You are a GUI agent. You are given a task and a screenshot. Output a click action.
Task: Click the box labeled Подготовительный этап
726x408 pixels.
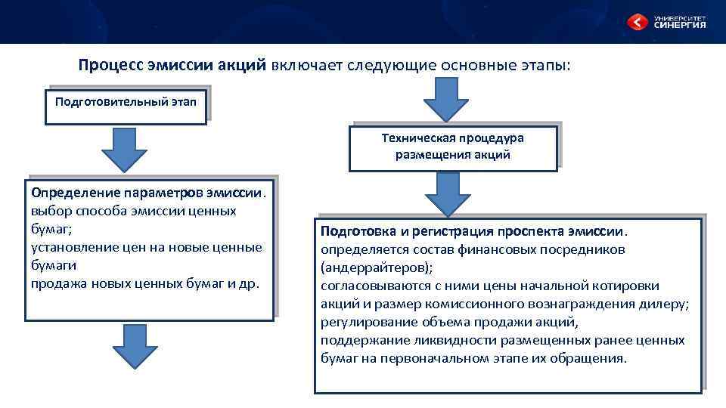point(126,102)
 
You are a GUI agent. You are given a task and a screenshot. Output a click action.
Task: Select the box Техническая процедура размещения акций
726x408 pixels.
point(452,147)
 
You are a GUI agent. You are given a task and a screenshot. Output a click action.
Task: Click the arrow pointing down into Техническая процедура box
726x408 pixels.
point(445,97)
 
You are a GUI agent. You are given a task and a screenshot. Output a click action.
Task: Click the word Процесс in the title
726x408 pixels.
point(108,65)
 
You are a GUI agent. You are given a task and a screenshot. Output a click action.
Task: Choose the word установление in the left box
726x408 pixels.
point(70,247)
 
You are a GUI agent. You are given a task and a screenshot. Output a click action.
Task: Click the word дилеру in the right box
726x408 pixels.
point(665,304)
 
